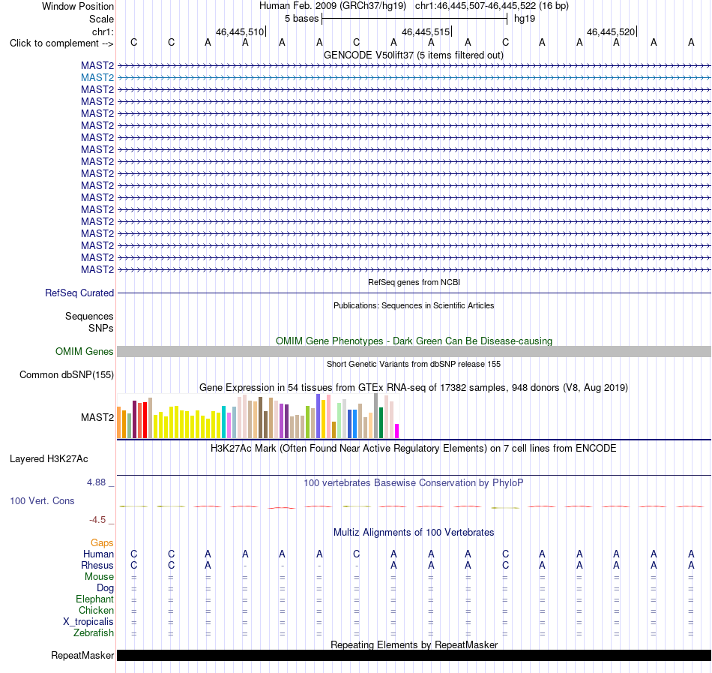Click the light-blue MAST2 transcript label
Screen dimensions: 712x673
[97, 78]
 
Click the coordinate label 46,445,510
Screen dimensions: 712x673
[239, 32]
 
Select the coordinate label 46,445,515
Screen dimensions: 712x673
[426, 32]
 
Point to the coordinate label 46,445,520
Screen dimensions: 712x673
[611, 32]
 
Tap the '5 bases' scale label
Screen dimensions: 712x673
[301, 19]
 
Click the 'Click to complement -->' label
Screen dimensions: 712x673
[61, 44]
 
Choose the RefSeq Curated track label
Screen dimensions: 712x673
[79, 293]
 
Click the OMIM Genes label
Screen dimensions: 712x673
[84, 351]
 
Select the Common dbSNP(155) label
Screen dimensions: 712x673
[66, 375]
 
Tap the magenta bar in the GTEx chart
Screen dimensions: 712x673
[397, 431]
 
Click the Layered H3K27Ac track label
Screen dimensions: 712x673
[49, 459]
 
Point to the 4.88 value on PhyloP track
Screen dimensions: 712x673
[96, 482]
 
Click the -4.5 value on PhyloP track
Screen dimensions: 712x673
[97, 519]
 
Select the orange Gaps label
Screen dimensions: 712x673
[102, 542]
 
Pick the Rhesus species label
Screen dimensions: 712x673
[97, 565]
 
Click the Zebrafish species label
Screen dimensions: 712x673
[94, 632]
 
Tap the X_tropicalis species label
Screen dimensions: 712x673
[88, 622]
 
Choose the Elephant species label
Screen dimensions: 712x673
[94, 599]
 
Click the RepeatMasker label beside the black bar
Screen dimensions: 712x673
[82, 655]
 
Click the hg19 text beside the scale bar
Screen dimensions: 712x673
[525, 19]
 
